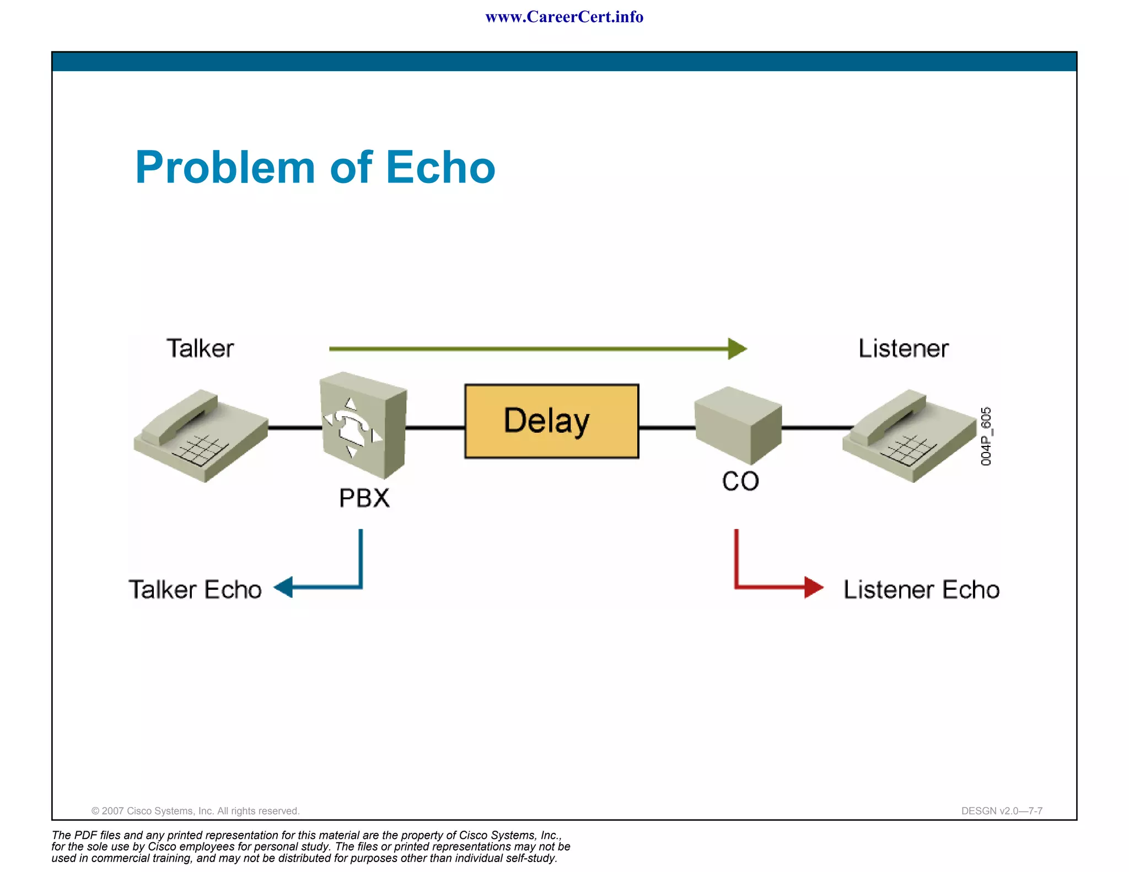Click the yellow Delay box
pos(551,421)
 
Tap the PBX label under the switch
pos(364,498)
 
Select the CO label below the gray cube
pos(740,482)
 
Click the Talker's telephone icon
pos(201,435)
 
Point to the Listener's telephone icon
pos(910,435)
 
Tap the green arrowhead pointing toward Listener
pos(737,349)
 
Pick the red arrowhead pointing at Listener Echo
pos(813,587)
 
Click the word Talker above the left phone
pos(200,348)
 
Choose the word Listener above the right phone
pos(904,348)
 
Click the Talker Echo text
pos(195,590)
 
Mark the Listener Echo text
pos(921,590)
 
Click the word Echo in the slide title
pos(440,168)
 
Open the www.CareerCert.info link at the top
pos(564,17)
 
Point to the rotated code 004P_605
pos(986,437)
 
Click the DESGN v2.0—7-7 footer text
pos(1002,811)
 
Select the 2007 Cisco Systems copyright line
pos(195,811)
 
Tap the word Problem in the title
pos(225,168)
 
